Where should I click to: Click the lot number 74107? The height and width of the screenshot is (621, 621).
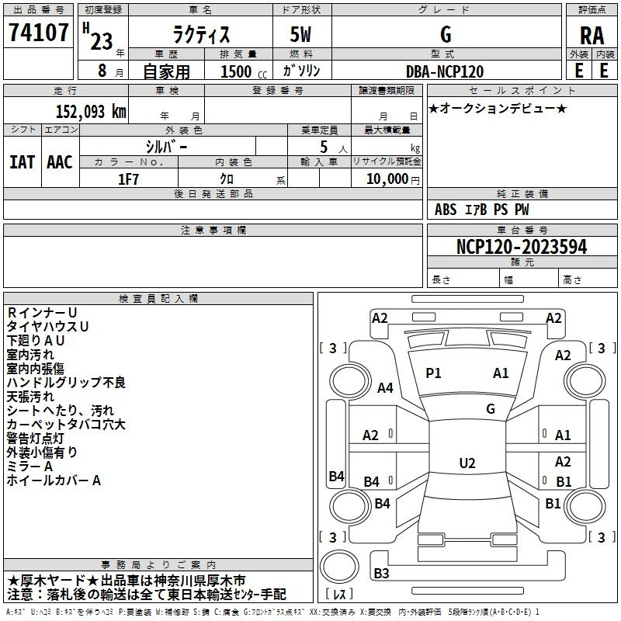[x=37, y=33]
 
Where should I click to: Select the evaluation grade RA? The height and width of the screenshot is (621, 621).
[x=592, y=36]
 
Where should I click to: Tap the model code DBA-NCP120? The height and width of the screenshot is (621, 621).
[x=445, y=71]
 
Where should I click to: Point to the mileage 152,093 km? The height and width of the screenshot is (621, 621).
[x=91, y=112]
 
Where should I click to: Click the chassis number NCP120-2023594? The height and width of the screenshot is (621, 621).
[x=522, y=247]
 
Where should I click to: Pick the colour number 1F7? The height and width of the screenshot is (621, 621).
[x=128, y=179]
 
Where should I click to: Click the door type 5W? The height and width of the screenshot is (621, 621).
[x=302, y=34]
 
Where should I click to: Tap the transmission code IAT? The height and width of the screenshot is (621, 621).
[x=22, y=161]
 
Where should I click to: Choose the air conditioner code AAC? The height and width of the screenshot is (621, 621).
[x=59, y=161]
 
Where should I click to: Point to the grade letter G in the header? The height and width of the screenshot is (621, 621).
[x=445, y=34]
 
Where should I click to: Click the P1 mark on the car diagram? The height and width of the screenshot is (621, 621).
[x=433, y=373]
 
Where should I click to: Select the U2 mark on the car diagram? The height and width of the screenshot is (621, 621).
[x=467, y=463]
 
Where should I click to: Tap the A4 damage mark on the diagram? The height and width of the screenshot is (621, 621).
[x=385, y=387]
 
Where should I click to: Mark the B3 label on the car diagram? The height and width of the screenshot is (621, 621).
[x=381, y=574]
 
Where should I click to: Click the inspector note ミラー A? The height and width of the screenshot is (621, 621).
[x=29, y=467]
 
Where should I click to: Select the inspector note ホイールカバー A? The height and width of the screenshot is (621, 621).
[x=54, y=480]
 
